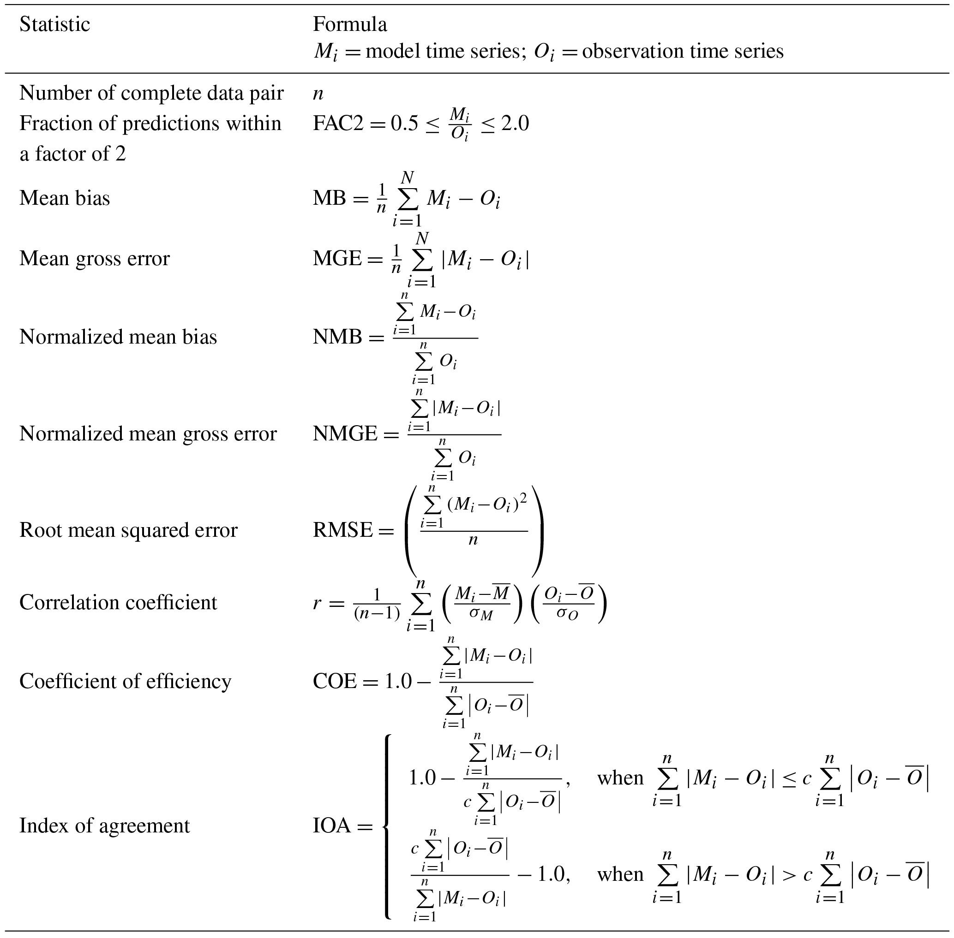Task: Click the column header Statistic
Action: [55, 24]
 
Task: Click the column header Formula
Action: [349, 24]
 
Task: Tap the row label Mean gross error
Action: [94, 259]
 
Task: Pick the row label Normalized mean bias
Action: [118, 337]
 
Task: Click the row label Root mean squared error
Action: [128, 530]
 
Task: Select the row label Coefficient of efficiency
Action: [125, 681]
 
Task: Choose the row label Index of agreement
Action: [104, 825]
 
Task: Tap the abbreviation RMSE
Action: [342, 530]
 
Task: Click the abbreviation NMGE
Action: [345, 434]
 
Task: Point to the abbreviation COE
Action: [335, 681]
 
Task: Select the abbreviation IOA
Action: [332, 825]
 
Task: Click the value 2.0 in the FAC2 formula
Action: [515, 124]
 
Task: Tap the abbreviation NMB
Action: [337, 338]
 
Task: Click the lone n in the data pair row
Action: [318, 94]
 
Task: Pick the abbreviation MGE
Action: [337, 259]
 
